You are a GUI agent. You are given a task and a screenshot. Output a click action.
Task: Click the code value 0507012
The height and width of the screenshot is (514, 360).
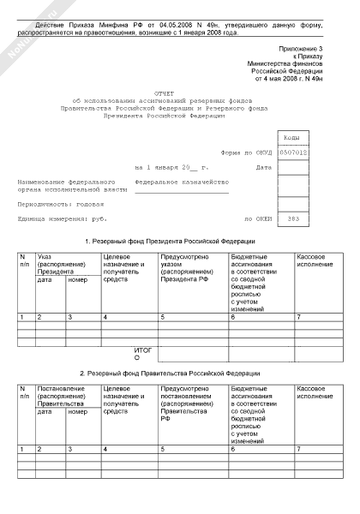tap(294, 153)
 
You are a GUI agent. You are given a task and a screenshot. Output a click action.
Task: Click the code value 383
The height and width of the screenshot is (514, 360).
tap(294, 218)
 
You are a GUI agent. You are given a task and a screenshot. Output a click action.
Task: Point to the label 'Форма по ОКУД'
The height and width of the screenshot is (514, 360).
tap(245, 153)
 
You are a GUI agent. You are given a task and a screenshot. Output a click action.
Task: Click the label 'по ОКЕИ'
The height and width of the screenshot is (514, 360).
tap(258, 218)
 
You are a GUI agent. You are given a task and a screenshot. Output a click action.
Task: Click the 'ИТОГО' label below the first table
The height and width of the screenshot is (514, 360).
tap(143, 354)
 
